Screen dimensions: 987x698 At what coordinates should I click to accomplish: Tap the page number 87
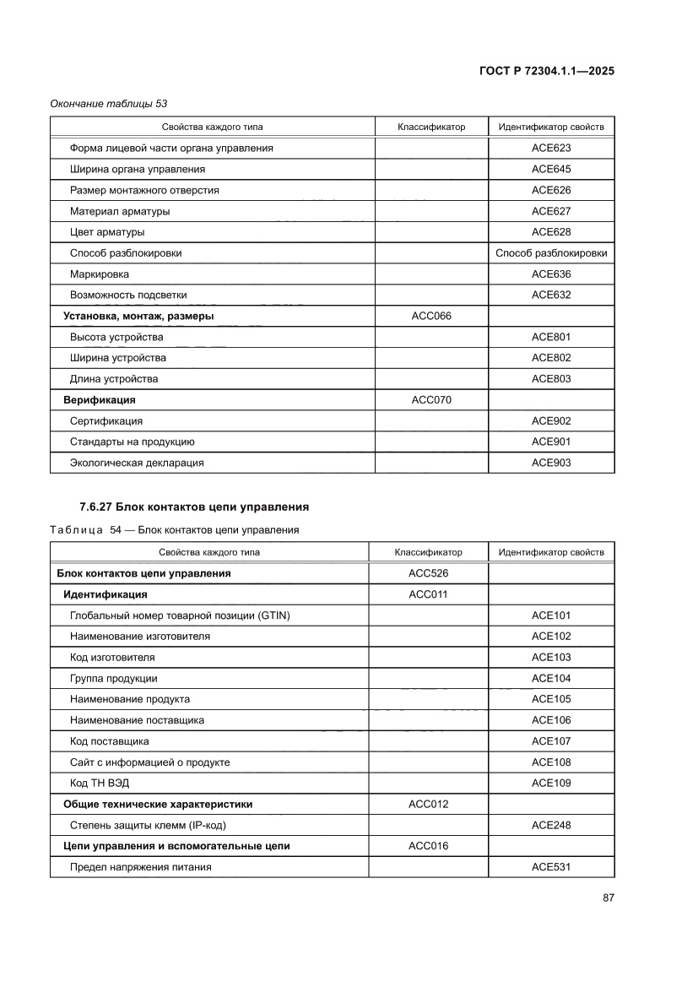[x=607, y=898]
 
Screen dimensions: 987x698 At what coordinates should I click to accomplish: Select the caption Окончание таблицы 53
[x=109, y=104]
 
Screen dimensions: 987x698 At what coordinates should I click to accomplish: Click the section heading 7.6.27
[x=193, y=507]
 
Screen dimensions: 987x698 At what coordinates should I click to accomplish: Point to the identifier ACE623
[x=550, y=148]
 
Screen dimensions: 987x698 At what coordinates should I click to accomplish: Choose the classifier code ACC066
[x=431, y=316]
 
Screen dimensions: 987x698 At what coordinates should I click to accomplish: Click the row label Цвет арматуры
[x=107, y=232]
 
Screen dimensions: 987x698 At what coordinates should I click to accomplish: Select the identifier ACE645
[x=550, y=169]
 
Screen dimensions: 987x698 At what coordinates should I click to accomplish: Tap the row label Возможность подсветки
[x=128, y=295]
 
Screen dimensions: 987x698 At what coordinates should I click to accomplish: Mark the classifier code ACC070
[x=431, y=399]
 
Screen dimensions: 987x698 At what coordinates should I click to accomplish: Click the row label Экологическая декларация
[x=137, y=463]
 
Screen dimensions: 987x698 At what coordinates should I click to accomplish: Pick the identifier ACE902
[x=550, y=420]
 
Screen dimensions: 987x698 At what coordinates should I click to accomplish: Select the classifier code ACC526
[x=428, y=573]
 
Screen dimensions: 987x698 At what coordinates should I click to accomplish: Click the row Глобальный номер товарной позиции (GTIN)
[x=180, y=616]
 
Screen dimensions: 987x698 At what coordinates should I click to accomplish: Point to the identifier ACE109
[x=550, y=783]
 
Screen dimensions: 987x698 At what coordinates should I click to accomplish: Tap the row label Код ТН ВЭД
[x=100, y=783]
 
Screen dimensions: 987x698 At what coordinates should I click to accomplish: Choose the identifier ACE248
[x=550, y=825]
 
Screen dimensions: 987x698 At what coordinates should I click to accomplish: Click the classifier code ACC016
[x=428, y=846]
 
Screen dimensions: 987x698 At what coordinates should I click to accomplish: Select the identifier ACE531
[x=550, y=867]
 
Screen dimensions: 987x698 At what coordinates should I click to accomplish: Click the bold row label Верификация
[x=100, y=399]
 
